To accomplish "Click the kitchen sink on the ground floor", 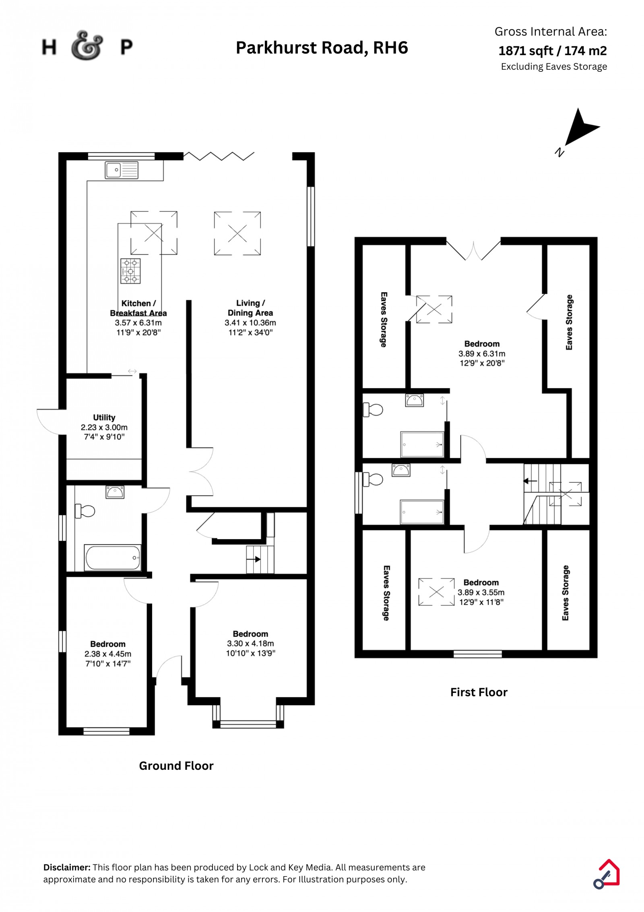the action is click(x=121, y=170).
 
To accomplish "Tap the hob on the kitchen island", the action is click(x=130, y=271).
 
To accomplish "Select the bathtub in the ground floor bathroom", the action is click(x=112, y=557).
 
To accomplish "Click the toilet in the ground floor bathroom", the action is click(x=85, y=511).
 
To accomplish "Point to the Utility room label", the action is click(x=104, y=418).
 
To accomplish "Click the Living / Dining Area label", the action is click(x=250, y=308).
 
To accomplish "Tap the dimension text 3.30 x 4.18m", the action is click(x=250, y=644).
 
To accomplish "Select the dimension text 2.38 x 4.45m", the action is click(x=108, y=654).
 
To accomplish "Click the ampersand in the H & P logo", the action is click(x=87, y=46).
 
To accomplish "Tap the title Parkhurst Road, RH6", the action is click(x=322, y=48).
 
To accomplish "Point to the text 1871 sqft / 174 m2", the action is click(x=552, y=51).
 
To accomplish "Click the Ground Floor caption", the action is click(x=176, y=766).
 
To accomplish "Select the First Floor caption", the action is click(x=479, y=692).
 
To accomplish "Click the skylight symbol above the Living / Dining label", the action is click(x=237, y=233).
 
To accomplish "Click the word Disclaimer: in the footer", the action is click(x=67, y=867).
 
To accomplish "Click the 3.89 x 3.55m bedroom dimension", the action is click(x=481, y=592).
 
